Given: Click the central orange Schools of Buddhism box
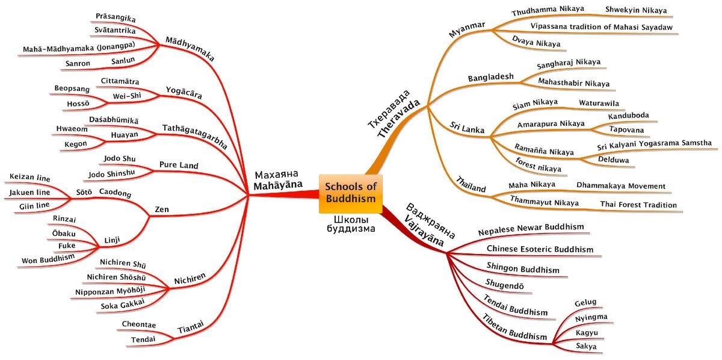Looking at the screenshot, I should [x=351, y=193].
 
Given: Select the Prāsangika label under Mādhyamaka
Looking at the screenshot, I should [x=116, y=19].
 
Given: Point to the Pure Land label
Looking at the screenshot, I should [x=179, y=165].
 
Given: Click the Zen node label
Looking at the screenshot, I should [x=162, y=209].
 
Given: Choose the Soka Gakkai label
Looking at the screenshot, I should [x=123, y=305].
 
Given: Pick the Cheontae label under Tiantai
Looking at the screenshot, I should [x=138, y=325].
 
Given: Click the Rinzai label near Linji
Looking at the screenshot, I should [x=64, y=219].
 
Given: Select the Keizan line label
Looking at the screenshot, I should [x=30, y=178].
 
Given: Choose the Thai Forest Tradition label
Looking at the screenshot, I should [x=638, y=205].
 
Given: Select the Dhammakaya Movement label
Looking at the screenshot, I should [x=621, y=186].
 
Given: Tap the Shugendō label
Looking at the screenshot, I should [x=504, y=284].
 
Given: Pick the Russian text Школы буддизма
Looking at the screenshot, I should [x=351, y=223].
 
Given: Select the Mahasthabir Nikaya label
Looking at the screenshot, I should [x=564, y=83].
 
